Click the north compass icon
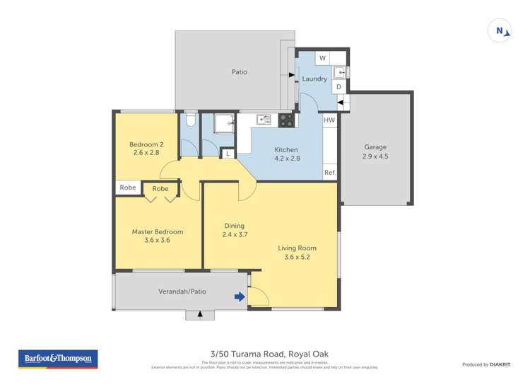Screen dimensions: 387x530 500,30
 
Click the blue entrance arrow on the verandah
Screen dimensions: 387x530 240,297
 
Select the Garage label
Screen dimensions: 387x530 375,147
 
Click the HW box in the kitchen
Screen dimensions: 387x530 329,121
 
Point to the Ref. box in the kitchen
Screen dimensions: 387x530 329,173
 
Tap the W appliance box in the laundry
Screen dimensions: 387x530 322,58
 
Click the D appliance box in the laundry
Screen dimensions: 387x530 338,87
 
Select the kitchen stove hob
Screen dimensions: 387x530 286,120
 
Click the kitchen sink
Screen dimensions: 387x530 264,120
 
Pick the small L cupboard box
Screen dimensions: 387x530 228,154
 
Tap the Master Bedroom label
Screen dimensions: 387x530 158,231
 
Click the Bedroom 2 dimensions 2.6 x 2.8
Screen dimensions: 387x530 146,152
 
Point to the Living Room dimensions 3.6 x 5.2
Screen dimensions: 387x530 297,257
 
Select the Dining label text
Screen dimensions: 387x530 234,226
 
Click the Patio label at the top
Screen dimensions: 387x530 240,72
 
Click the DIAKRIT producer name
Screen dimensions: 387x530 500,364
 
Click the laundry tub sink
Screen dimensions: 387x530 340,71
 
